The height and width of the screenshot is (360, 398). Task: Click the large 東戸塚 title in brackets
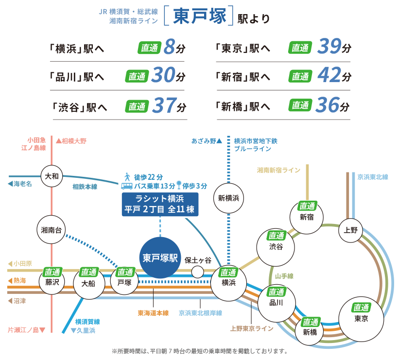199,16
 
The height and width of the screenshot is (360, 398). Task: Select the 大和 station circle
51,176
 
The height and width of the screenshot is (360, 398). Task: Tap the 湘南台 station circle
51,230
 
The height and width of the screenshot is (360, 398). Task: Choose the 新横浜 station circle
228,198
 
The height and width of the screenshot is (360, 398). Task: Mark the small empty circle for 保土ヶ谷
197,271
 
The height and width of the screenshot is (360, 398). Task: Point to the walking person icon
127,176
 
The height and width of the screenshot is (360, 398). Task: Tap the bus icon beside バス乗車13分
127,186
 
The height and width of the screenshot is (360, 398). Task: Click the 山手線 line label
284,276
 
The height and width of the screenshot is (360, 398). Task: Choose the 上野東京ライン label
252,329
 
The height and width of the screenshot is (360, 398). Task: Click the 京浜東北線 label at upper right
373,177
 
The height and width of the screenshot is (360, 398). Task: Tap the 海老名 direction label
20,184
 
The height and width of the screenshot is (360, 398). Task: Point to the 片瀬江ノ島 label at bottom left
27,330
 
